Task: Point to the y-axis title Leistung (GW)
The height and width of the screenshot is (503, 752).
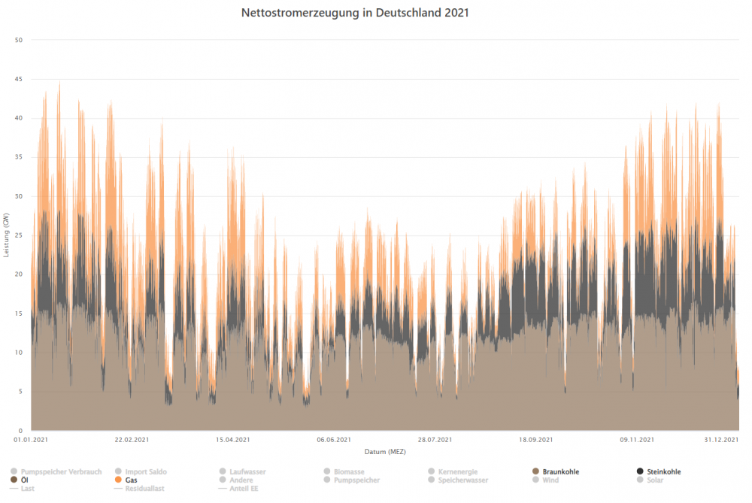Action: (6, 235)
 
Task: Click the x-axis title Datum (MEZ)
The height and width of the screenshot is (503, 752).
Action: (385, 452)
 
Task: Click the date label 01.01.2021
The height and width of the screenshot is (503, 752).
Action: (31, 440)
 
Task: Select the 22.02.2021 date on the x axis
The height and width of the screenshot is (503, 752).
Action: (132, 440)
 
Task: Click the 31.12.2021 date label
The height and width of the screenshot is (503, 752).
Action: (723, 440)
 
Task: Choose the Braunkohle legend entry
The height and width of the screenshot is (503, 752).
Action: (560, 472)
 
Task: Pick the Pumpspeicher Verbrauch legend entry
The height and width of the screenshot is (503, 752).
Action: (61, 472)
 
